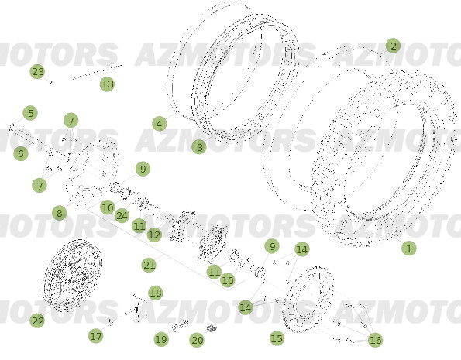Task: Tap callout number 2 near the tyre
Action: click(x=393, y=46)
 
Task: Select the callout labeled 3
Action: click(x=199, y=146)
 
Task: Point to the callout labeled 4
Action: click(x=159, y=124)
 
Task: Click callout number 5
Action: click(x=30, y=114)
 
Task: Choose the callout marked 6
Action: click(x=21, y=154)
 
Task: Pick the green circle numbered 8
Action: click(x=59, y=213)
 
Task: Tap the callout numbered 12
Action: click(x=154, y=235)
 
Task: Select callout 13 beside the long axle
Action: click(x=107, y=84)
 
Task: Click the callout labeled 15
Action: click(x=277, y=338)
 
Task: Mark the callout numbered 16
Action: click(x=376, y=340)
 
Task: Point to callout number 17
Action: click(x=96, y=336)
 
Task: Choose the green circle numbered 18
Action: click(x=156, y=293)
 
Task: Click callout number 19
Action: click(x=160, y=339)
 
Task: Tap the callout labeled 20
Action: click(x=197, y=340)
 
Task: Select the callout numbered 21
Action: click(x=150, y=265)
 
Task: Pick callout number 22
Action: click(x=37, y=320)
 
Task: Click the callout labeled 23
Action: click(x=38, y=72)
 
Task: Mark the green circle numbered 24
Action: click(x=122, y=215)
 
